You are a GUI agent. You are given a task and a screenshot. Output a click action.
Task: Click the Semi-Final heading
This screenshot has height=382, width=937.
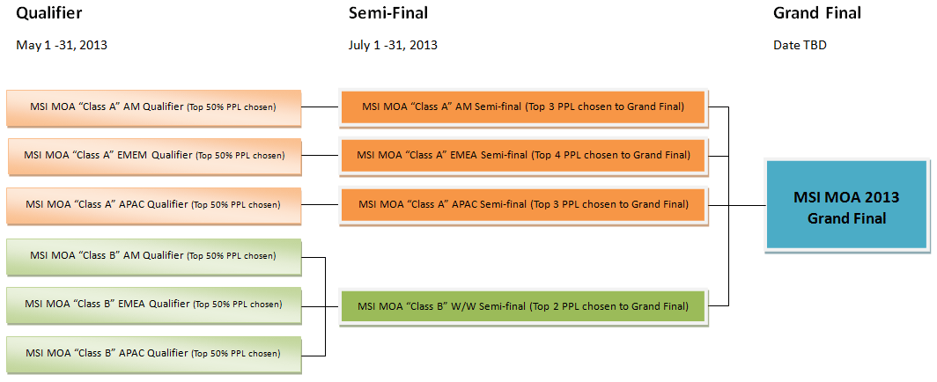[x=388, y=13]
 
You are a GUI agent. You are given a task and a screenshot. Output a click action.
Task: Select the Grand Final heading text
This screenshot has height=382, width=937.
[x=816, y=13]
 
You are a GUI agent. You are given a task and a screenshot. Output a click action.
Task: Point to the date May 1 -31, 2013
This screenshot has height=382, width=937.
[x=62, y=45]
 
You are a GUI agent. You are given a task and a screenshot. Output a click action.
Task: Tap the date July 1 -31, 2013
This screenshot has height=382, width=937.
[x=393, y=45]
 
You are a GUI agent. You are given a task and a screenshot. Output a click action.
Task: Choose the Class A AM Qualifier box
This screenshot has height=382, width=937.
[x=153, y=107]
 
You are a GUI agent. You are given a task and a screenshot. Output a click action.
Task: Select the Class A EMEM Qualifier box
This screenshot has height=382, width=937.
[x=155, y=156]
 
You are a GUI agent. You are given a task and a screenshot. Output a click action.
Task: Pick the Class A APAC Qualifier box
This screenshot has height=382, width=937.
[x=153, y=204]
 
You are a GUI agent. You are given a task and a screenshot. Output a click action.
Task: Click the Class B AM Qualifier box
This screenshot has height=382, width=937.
[x=153, y=256]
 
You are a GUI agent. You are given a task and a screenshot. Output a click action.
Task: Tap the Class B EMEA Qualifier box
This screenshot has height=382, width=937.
[x=153, y=305]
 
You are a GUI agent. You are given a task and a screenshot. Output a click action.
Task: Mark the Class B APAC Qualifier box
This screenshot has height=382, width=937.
[x=153, y=354]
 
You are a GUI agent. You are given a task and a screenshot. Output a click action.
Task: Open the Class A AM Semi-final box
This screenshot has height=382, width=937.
[x=523, y=107]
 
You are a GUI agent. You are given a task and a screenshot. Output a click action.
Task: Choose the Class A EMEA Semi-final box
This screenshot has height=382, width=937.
[x=523, y=156]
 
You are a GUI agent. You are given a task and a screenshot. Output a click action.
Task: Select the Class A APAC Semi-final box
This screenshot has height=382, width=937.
[x=523, y=204]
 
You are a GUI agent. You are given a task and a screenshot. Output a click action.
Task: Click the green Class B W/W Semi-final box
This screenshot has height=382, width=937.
[x=523, y=306]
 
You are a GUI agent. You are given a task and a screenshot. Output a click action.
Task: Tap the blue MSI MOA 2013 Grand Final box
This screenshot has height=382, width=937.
[x=847, y=205]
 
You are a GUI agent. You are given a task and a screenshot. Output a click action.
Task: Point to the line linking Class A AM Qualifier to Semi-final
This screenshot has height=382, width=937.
[x=321, y=107]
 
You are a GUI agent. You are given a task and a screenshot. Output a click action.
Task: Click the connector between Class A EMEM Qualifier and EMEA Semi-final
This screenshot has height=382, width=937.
[x=321, y=156]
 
